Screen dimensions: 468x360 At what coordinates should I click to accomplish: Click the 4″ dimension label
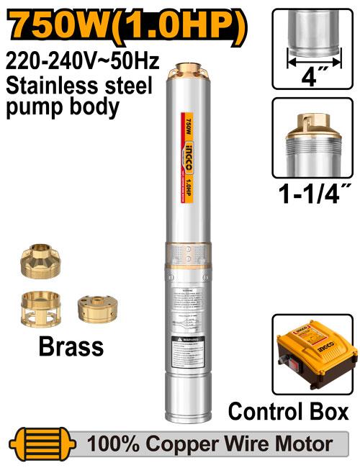pyautogui.click(x=313, y=75)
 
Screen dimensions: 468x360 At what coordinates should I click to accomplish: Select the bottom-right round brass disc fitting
pyautogui.click(x=96, y=308)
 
